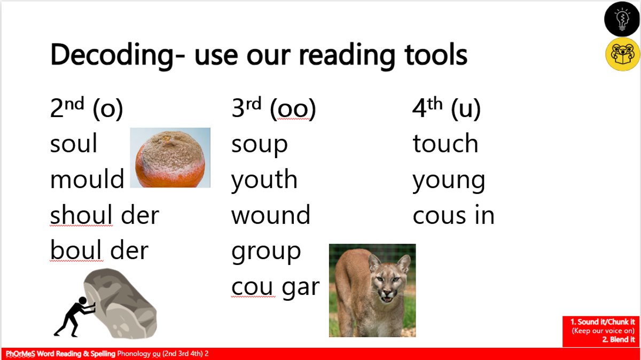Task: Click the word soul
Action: pos(74,143)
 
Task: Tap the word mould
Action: pos(87,178)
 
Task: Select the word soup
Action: pos(259,145)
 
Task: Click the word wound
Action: pos(271,214)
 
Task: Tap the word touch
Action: pos(445,143)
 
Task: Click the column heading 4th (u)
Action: pos(447,108)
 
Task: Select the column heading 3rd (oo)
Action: pos(273,108)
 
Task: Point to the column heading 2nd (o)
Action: pos(87,108)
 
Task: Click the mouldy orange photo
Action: pos(170,158)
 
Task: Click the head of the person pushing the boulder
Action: pos(83,301)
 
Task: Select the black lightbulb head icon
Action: pos(622,19)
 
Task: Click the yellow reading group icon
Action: pos(623,54)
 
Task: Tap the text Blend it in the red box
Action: pos(619,340)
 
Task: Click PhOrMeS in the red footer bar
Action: pos(20,354)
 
